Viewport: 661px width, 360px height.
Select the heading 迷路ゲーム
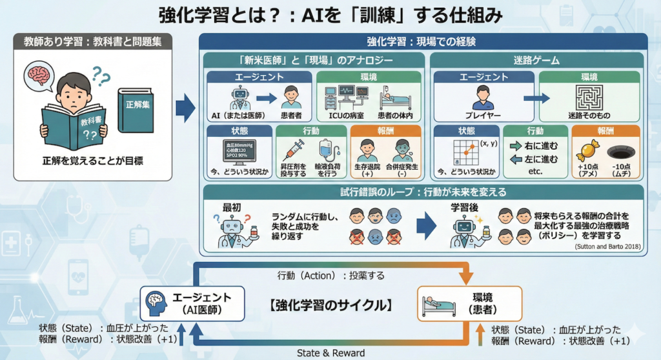click(x=536, y=60)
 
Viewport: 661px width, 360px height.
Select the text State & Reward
click(x=330, y=352)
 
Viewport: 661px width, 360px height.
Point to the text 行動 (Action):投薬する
click(x=331, y=275)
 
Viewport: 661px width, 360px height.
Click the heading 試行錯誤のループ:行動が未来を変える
click(x=423, y=192)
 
